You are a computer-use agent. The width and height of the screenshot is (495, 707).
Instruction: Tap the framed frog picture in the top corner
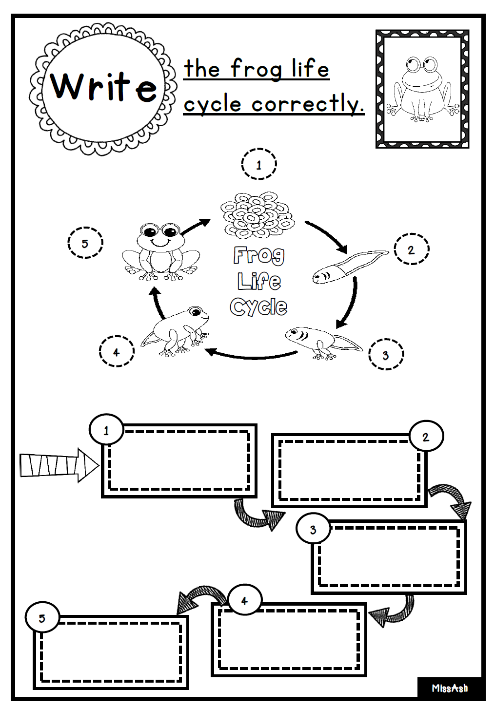[422, 89]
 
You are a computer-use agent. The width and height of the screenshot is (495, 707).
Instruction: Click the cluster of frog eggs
[257, 214]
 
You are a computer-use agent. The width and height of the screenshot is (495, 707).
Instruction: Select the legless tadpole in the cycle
[350, 267]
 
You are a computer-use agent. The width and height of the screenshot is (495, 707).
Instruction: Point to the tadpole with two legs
[324, 343]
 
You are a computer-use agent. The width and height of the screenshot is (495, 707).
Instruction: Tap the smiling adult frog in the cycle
[161, 251]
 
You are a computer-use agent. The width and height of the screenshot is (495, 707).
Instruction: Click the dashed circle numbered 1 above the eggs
[259, 164]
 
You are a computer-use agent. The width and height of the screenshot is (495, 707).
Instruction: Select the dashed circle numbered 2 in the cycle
[411, 249]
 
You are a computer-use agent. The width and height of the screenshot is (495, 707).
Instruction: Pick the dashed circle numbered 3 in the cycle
[386, 354]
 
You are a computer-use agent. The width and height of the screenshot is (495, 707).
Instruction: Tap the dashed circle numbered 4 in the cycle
[117, 351]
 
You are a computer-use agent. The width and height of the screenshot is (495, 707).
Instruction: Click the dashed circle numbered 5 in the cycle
[85, 243]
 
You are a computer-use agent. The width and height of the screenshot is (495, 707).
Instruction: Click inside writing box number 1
[179, 461]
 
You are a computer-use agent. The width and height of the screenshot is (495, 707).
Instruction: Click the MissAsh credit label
[450, 688]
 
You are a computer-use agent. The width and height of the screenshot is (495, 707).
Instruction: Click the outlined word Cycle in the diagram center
[258, 306]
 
